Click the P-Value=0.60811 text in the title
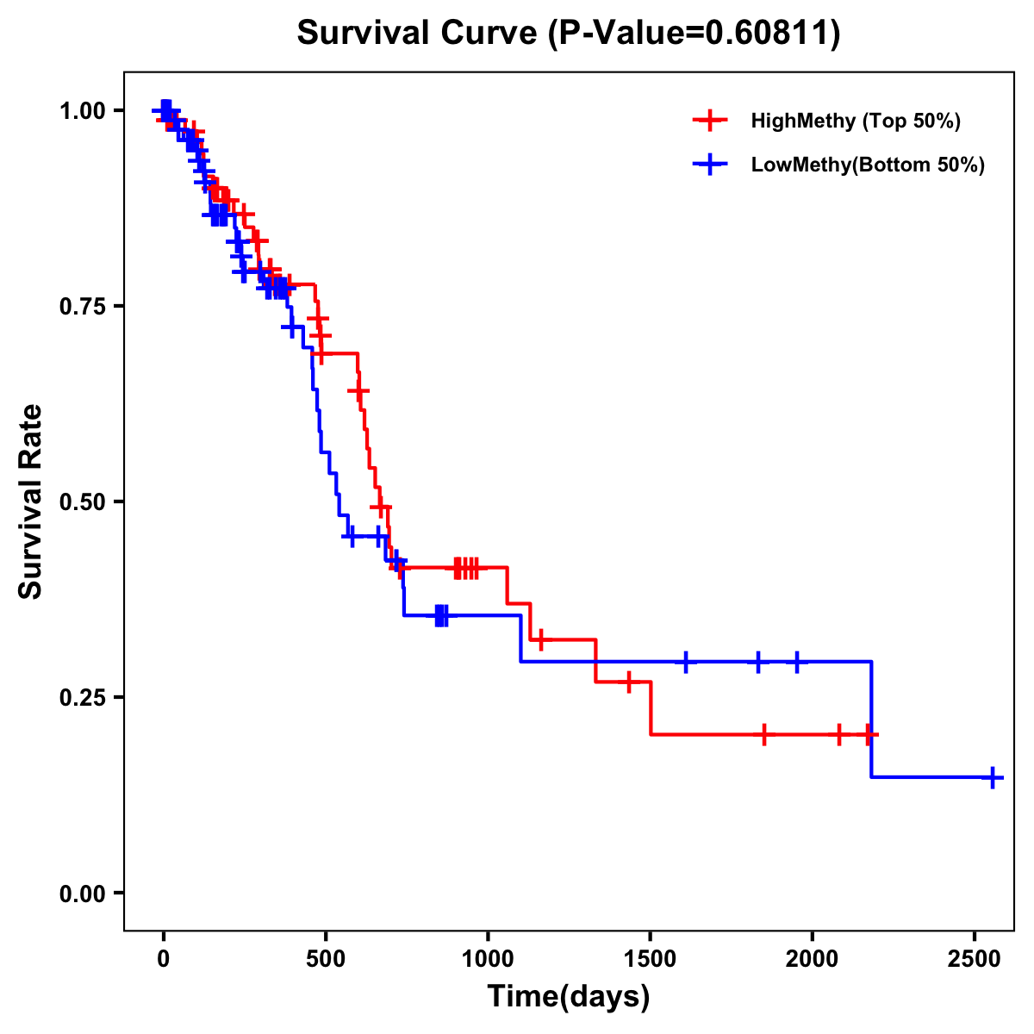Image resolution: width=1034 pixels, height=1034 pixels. pos(695,34)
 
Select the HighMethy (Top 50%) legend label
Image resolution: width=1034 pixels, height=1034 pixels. pos(855,121)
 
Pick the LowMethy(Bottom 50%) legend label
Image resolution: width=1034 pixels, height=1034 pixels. pos(868,165)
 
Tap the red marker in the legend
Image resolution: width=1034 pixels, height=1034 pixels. pos(709,121)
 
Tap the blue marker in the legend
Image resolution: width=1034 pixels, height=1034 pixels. pos(709,165)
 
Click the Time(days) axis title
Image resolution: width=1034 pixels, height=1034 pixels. pos(569,997)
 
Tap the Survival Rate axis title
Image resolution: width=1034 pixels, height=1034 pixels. pos(31,501)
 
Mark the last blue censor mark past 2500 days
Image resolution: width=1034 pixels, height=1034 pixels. pos(992,777)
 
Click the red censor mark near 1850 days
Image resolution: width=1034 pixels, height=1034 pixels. pos(763,734)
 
